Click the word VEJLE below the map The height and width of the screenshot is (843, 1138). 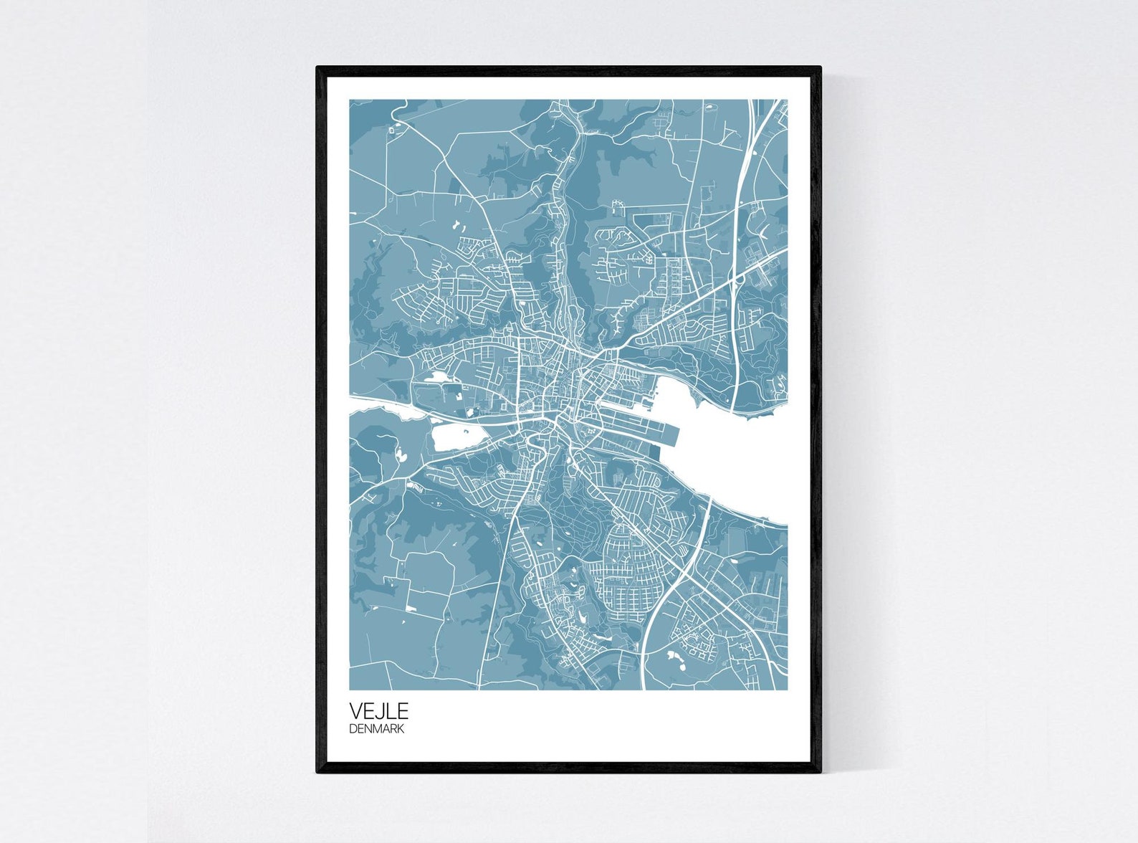378,711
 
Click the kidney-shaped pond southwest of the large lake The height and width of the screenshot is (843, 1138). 400,455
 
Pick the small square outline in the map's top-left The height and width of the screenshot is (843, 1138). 393,130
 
